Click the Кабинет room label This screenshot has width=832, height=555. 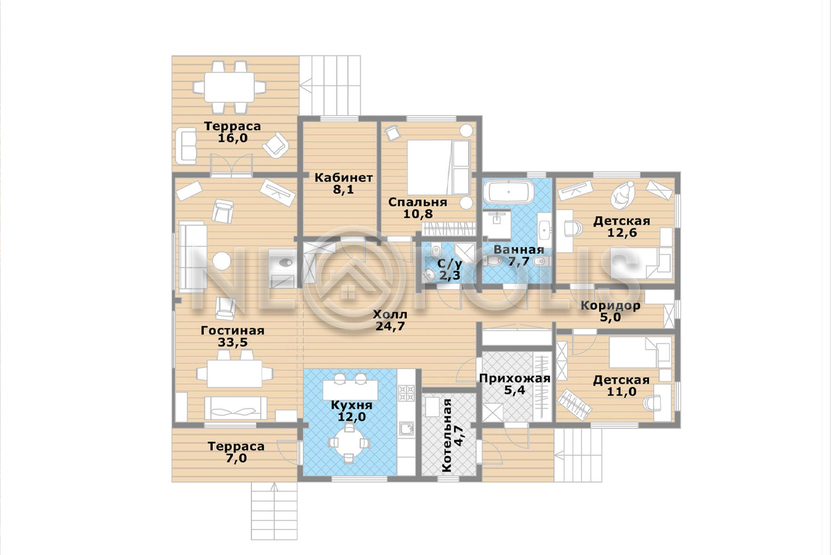[344, 178]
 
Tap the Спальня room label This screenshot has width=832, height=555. [417, 202]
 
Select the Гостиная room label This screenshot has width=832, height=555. [232, 330]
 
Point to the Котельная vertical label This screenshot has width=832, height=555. [447, 435]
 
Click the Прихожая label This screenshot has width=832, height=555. [514, 378]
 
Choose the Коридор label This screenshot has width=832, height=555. [610, 305]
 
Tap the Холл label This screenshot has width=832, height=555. [390, 314]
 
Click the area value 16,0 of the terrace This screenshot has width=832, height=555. [232, 138]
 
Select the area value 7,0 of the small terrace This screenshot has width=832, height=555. [236, 459]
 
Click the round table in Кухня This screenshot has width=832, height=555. [349, 443]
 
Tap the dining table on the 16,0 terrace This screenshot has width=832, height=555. [229, 87]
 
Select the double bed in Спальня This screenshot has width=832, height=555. [438, 167]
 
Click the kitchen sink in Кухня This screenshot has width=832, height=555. [407, 428]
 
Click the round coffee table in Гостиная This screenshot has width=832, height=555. [222, 261]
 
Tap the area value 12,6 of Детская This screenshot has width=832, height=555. [622, 232]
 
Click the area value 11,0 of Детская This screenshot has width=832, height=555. [621, 391]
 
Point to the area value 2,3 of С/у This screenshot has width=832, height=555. [450, 275]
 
